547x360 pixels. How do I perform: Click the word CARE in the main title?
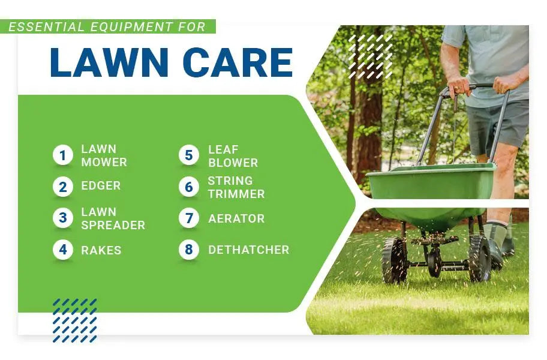[238, 62]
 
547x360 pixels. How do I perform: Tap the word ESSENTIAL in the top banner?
[46, 27]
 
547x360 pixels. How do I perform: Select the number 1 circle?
[63, 155]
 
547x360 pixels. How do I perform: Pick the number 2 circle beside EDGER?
[63, 187]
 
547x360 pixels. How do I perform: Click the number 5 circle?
[189, 155]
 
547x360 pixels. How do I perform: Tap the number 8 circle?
[189, 250]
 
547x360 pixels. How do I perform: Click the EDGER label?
[101, 185]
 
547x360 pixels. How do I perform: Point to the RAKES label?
[101, 250]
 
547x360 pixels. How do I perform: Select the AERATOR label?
[236, 218]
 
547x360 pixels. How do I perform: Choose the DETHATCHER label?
[249, 250]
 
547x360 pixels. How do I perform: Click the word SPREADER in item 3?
[113, 225]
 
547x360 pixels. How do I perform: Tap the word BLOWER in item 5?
[233, 163]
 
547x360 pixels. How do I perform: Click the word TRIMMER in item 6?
[236, 194]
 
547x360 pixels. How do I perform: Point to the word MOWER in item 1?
[104, 162]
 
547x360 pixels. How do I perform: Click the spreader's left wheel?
[394, 260]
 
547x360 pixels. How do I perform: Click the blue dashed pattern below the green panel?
[74, 320]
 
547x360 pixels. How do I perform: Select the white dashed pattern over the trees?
[371, 56]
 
